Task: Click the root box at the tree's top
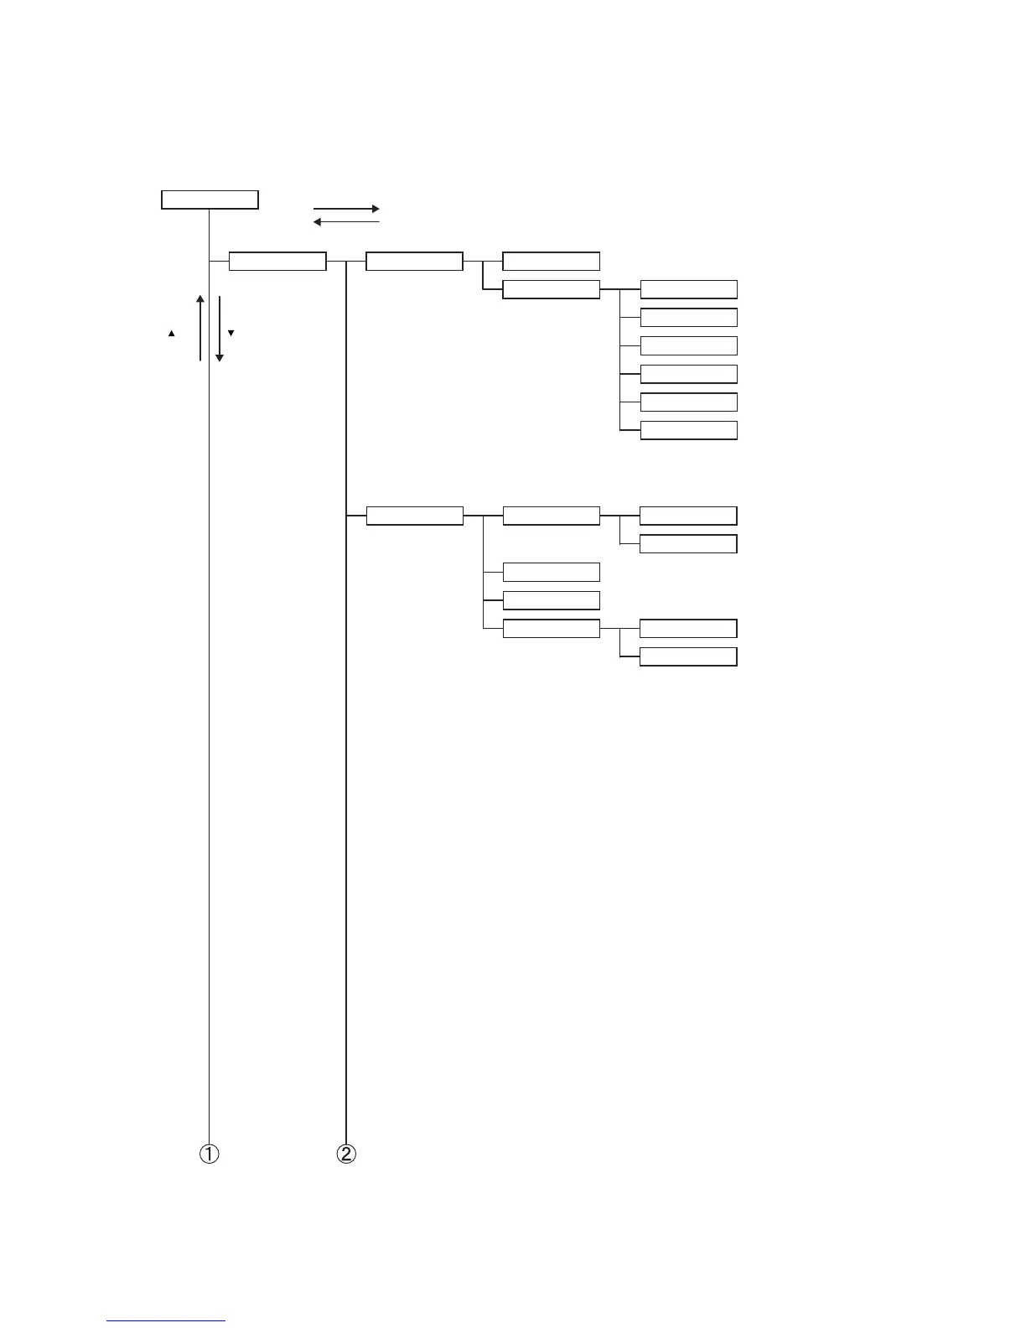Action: coord(210,200)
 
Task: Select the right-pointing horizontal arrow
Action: coord(346,208)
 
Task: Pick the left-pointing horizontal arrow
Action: coord(346,222)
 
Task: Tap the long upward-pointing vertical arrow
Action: coord(200,328)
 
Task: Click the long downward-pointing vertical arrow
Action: coord(220,328)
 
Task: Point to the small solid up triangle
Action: coord(171,334)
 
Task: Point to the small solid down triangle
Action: coord(231,333)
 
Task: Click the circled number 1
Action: coord(209,1154)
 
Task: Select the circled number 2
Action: coord(345,1154)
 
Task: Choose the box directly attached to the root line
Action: coord(277,262)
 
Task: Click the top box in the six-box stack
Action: coord(688,290)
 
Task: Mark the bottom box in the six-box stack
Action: coord(688,431)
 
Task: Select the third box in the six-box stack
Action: coord(688,346)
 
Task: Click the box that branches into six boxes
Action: coord(551,290)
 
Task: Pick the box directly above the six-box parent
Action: coord(551,262)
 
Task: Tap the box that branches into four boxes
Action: coord(415,516)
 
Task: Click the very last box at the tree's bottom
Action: coord(688,656)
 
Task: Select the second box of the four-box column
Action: coord(551,573)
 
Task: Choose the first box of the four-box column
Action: coord(551,516)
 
